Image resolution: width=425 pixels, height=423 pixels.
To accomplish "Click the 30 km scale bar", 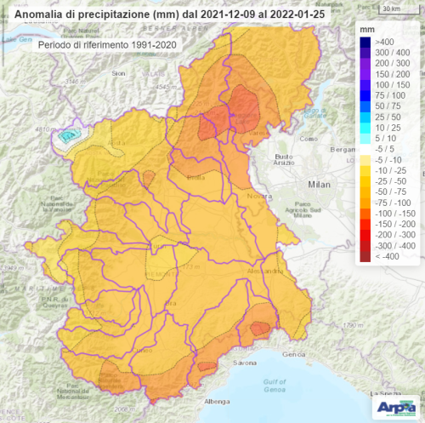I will (x=391, y=9).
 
